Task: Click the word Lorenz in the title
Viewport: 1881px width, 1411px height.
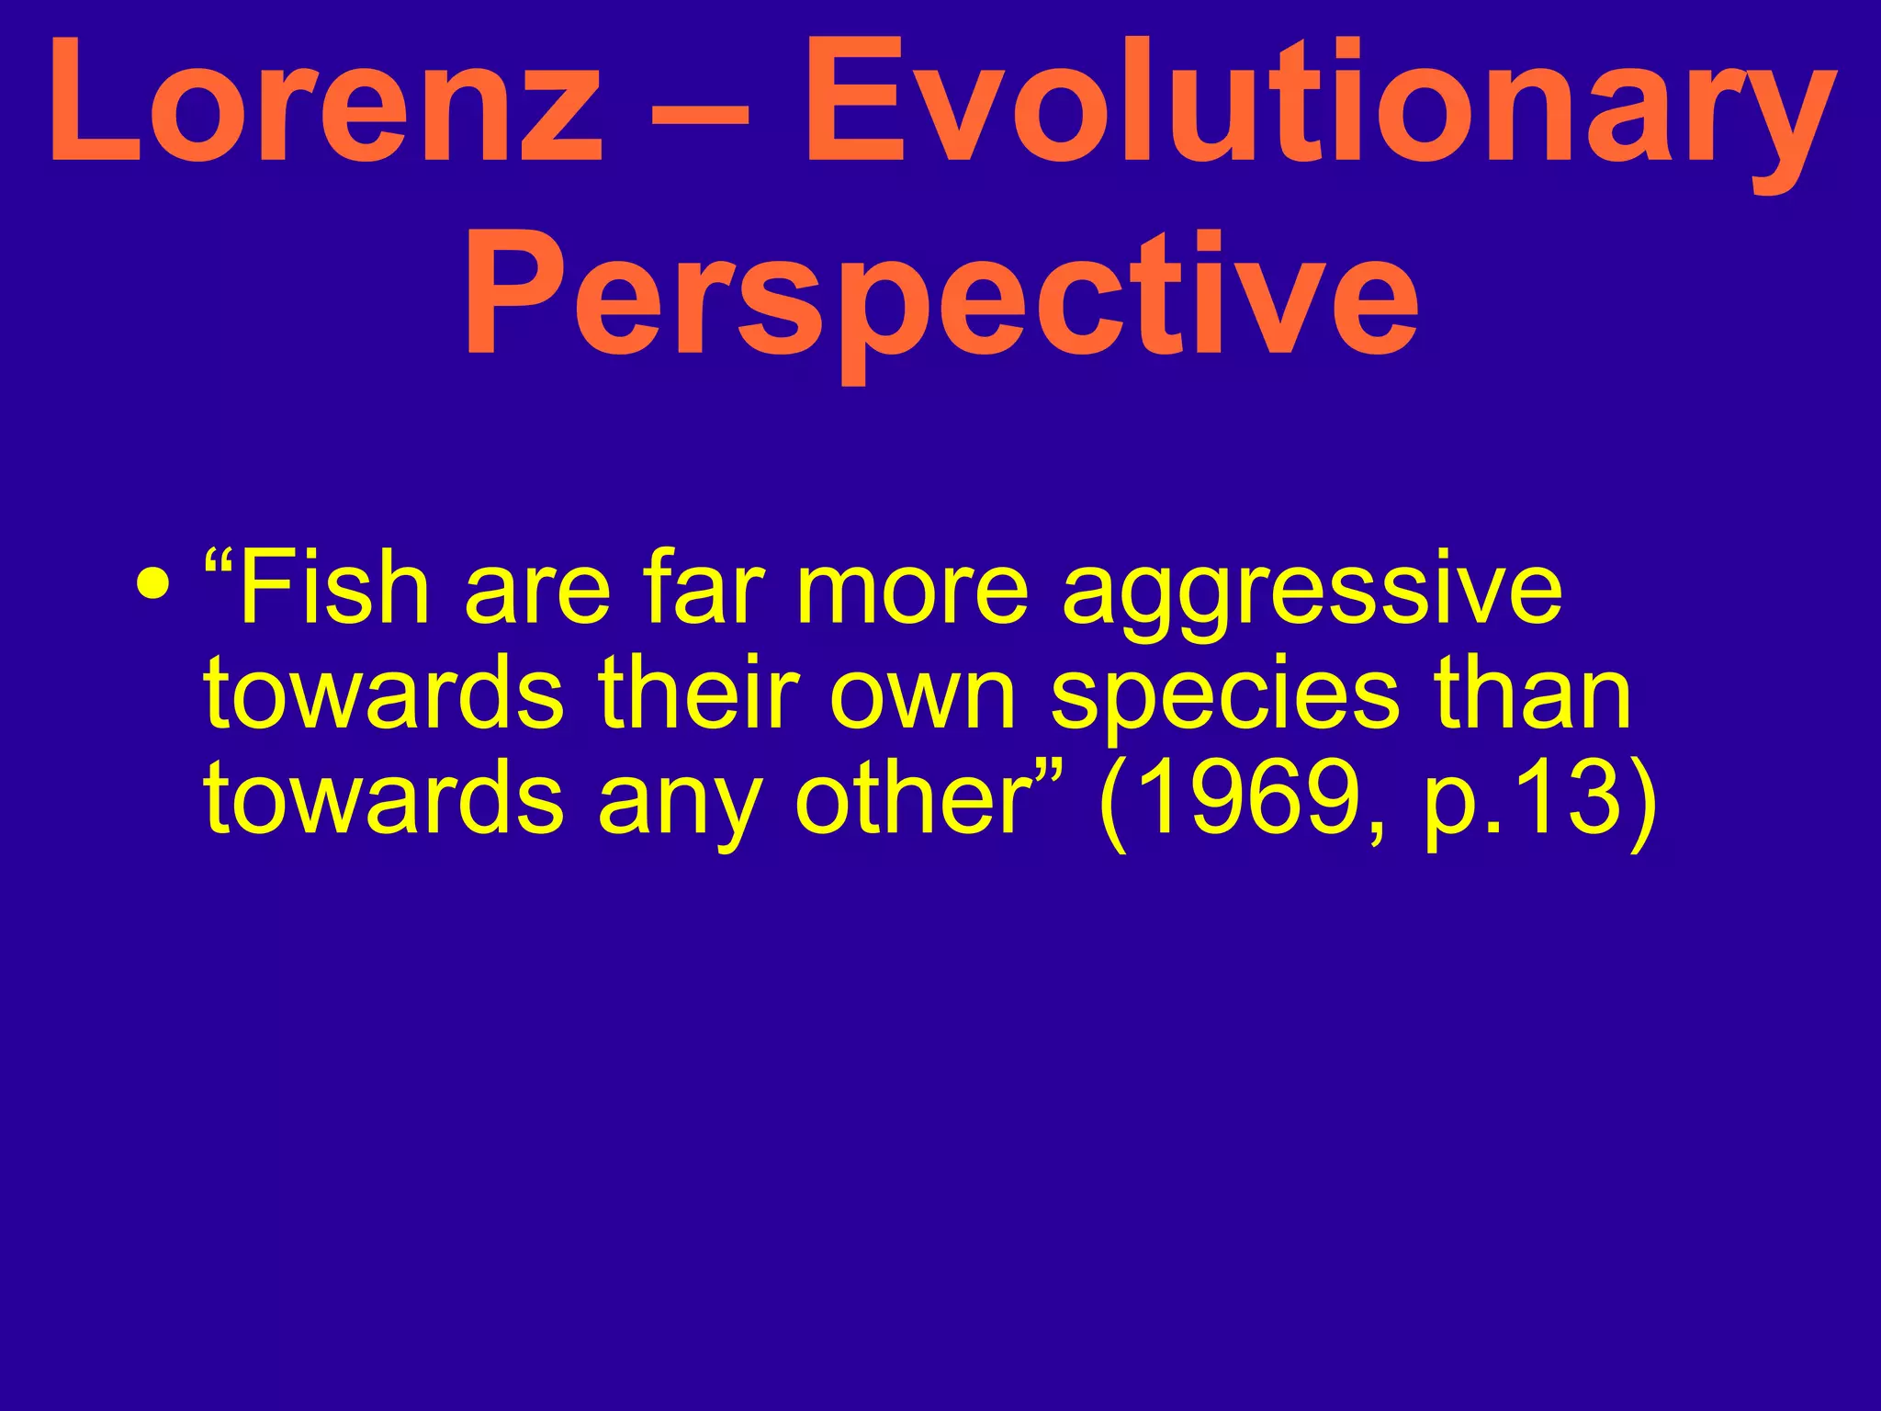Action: click(326, 103)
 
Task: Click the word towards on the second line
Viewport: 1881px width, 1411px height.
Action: click(384, 694)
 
